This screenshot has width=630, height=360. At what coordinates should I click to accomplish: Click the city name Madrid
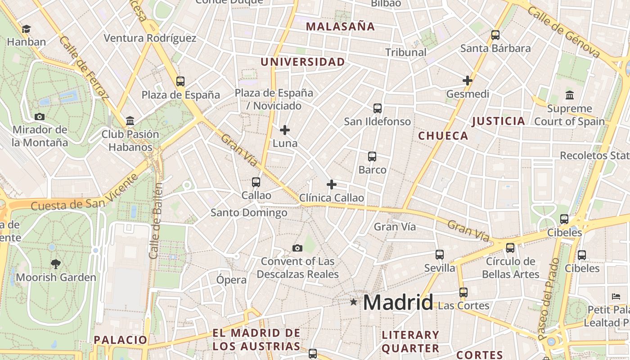pyautogui.click(x=398, y=302)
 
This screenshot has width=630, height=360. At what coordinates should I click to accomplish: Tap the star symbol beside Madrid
pyautogui.click(x=354, y=302)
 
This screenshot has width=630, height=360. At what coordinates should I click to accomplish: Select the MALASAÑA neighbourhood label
pyautogui.click(x=340, y=27)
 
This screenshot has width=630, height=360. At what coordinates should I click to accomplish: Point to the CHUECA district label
pyautogui.click(x=443, y=136)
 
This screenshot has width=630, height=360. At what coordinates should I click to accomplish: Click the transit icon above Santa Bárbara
pyautogui.click(x=495, y=35)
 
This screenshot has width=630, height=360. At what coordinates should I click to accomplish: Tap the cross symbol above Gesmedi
pyautogui.click(x=468, y=81)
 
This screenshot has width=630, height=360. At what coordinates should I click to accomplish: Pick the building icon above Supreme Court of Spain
pyautogui.click(x=570, y=95)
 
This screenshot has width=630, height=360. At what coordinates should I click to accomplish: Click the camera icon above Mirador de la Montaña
pyautogui.click(x=40, y=117)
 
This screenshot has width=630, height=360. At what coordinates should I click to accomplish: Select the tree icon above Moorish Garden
pyautogui.click(x=56, y=264)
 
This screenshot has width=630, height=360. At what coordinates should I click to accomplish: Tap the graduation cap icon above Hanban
pyautogui.click(x=26, y=29)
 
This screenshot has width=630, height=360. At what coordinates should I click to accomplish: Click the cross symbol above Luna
pyautogui.click(x=285, y=130)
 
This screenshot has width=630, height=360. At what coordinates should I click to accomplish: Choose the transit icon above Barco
pyautogui.click(x=372, y=157)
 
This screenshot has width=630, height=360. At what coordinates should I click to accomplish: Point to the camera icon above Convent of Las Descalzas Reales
pyautogui.click(x=297, y=248)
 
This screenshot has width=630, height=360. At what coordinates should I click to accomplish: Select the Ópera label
pyautogui.click(x=231, y=280)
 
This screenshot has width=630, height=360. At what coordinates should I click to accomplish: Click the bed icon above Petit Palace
pyautogui.click(x=616, y=297)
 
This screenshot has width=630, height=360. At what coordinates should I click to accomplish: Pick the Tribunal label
pyautogui.click(x=405, y=52)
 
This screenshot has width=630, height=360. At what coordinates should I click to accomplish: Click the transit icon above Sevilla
pyautogui.click(x=440, y=255)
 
